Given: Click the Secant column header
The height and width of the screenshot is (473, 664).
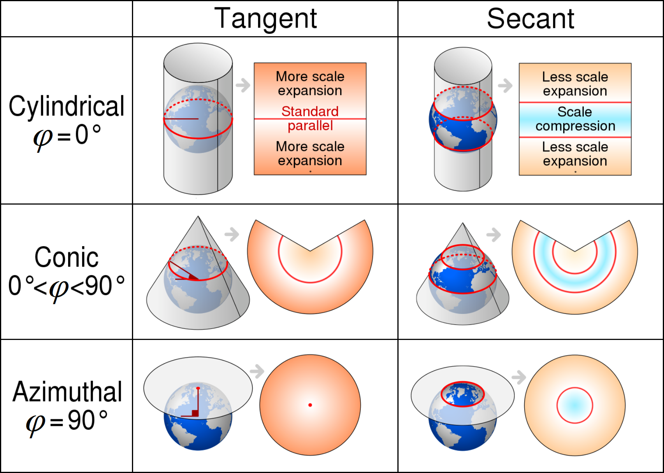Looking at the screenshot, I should point(530,19).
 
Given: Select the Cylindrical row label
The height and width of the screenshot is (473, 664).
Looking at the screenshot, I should point(67,106).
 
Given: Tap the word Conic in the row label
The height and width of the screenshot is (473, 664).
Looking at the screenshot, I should point(67,257).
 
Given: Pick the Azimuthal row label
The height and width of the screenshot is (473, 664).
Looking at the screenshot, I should point(67,392).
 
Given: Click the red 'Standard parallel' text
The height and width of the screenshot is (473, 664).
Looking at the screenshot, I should point(310,118).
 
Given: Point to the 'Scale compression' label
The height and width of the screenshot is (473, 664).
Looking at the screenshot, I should point(575,119).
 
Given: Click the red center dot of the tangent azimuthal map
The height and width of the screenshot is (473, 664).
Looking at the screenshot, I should point(310,405).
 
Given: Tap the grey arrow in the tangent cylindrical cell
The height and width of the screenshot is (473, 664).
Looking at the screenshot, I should point(243,85).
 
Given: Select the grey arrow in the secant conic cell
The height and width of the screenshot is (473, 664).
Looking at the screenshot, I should point(494,235).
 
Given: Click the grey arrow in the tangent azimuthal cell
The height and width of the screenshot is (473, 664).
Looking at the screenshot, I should point(257,371).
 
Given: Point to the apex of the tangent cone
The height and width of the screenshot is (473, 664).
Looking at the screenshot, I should point(198,217).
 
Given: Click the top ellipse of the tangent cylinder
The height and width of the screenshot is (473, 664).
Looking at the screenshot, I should point(198,62).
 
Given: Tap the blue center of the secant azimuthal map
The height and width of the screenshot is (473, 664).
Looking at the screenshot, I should point(575,405).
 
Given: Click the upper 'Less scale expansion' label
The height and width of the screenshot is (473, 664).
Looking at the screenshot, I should point(575,84).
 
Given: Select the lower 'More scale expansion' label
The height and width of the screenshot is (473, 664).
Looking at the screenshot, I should point(310,153).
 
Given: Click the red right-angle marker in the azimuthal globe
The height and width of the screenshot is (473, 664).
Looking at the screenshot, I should point(195,413).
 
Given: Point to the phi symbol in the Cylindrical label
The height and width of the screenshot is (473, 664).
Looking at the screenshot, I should point(43,138).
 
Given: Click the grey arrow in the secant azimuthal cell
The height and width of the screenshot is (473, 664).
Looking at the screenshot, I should point(519,377).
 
